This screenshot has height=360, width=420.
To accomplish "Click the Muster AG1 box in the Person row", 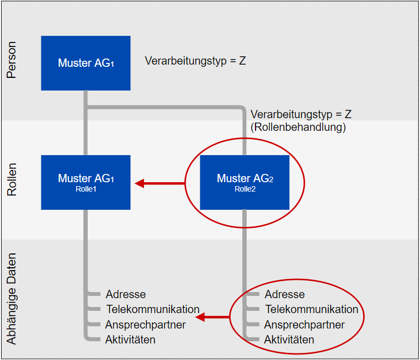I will [86, 63].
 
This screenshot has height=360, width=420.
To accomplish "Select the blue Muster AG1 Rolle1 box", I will [86, 182].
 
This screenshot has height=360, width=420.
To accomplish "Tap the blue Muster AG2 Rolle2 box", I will [244, 182].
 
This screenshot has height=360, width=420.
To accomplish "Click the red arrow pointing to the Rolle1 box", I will [160, 183].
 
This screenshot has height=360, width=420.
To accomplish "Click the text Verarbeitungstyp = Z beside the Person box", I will [195, 61].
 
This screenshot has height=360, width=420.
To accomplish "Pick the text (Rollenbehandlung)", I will [299, 127].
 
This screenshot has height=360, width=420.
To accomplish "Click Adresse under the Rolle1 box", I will [126, 294].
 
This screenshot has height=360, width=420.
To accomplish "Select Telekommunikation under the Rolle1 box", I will [152, 309].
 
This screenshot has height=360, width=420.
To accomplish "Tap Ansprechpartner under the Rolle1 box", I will [146, 325].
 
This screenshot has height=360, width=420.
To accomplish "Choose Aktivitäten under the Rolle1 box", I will [130, 339].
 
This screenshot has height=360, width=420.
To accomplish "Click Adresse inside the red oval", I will [285, 294].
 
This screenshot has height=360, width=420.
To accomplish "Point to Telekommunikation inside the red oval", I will [311, 309].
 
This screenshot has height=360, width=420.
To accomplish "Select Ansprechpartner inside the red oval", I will [305, 325].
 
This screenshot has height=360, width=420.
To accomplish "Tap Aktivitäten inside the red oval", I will [289, 339].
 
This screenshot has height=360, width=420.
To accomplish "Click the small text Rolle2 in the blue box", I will [244, 188].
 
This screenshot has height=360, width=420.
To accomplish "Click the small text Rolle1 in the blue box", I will [86, 188].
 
